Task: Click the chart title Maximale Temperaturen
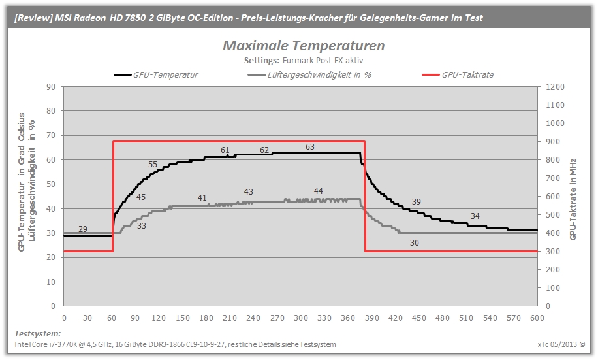pyautogui.click(x=304, y=46)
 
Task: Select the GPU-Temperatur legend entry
pyautogui.click(x=156, y=75)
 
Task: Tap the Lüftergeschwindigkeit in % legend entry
pyautogui.click(x=309, y=75)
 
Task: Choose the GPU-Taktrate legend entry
pyautogui.click(x=458, y=75)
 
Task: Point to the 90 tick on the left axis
pyautogui.click(x=51, y=87)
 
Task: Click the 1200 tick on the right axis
pyautogui.click(x=555, y=87)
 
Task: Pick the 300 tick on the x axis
pyautogui.click(x=300, y=318)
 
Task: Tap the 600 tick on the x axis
pyautogui.click(x=537, y=318)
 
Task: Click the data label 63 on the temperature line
pyautogui.click(x=309, y=147)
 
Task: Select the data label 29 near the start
pyautogui.click(x=83, y=229)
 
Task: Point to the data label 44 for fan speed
pyautogui.click(x=318, y=191)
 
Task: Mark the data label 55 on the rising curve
pyautogui.click(x=153, y=165)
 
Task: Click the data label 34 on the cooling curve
pyautogui.click(x=475, y=216)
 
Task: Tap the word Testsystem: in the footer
pyautogui.click(x=37, y=334)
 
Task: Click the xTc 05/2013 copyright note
pyautogui.click(x=561, y=344)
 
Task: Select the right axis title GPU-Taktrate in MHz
pyautogui.click(x=573, y=199)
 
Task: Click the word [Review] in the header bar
pyautogui.click(x=33, y=18)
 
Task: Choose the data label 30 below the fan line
pyautogui.click(x=414, y=243)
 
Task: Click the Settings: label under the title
pyautogui.click(x=262, y=60)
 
